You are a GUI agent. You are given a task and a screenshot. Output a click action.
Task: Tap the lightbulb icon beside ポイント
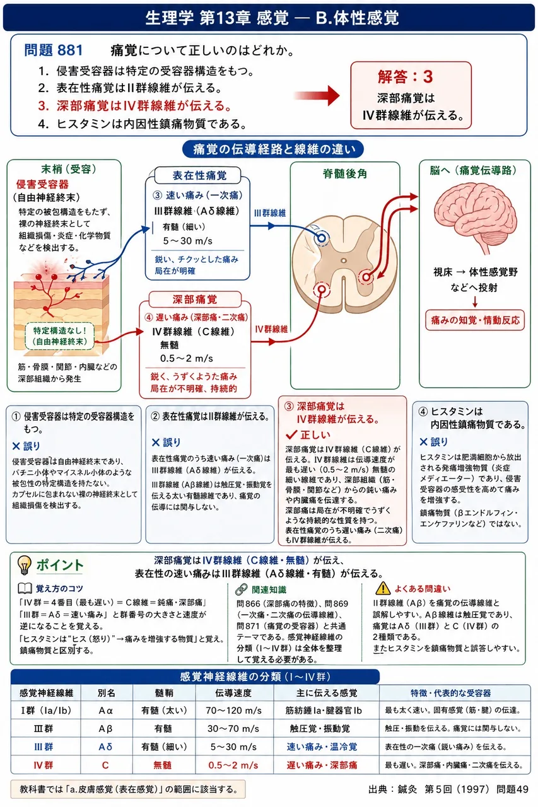(24, 566)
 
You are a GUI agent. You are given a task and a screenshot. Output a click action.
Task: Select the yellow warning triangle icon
(382, 588)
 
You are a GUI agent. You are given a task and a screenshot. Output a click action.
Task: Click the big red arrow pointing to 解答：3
(317, 96)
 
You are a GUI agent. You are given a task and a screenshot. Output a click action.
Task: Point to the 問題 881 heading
(54, 50)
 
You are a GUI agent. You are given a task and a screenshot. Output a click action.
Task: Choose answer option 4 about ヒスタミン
(143, 124)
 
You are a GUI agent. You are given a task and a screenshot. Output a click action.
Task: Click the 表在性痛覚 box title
(199, 175)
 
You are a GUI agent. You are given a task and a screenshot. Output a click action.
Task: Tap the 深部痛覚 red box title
(195, 299)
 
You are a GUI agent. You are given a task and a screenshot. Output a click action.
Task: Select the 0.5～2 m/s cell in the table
(233, 765)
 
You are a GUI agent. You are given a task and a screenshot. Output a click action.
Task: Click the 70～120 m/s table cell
(233, 711)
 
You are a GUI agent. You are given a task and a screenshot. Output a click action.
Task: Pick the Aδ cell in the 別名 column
(105, 747)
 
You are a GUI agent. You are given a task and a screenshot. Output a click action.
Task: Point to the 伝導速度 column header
(233, 693)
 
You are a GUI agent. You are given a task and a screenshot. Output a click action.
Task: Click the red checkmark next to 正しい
(291, 435)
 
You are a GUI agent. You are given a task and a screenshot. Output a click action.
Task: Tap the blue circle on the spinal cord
(322, 238)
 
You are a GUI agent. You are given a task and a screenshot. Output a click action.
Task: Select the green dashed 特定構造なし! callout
(60, 336)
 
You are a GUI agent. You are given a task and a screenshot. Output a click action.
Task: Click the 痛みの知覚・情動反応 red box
(475, 320)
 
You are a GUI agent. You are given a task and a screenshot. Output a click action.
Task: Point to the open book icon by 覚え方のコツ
(25, 588)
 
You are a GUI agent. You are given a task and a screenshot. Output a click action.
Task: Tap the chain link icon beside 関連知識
(241, 589)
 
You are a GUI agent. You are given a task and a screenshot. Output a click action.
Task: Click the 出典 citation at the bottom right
(448, 789)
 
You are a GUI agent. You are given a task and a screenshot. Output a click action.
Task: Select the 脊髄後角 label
(345, 174)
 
